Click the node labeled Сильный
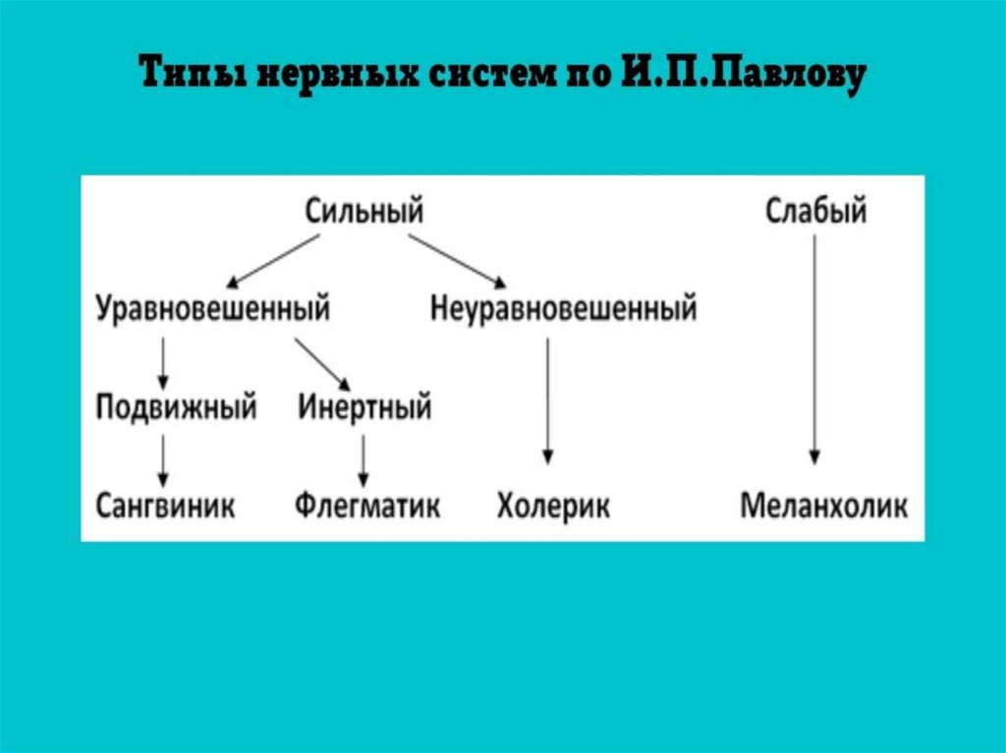click(363, 210)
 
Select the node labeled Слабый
click(815, 210)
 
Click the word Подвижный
click(177, 406)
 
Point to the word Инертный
click(364, 406)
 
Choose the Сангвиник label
click(166, 507)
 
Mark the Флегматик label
click(367, 507)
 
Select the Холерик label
click(553, 507)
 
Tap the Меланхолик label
click(824, 507)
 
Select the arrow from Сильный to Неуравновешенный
click(455, 258)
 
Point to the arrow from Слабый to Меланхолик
click(814, 349)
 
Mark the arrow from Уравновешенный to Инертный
click(321, 362)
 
